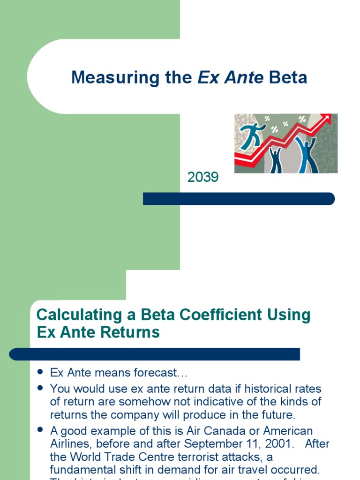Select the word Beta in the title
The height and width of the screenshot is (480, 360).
coord(288,77)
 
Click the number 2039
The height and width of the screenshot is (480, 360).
coord(203,177)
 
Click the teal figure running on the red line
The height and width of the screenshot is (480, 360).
coord(252,135)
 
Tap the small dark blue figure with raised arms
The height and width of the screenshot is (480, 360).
coord(276,160)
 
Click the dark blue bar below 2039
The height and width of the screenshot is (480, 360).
coord(239,199)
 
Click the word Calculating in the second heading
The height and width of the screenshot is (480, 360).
coord(74,315)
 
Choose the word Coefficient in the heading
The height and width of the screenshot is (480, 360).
coord(210,315)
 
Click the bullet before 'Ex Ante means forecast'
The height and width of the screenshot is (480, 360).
coord(40,373)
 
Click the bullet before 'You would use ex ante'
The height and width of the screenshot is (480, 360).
coord(40,388)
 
